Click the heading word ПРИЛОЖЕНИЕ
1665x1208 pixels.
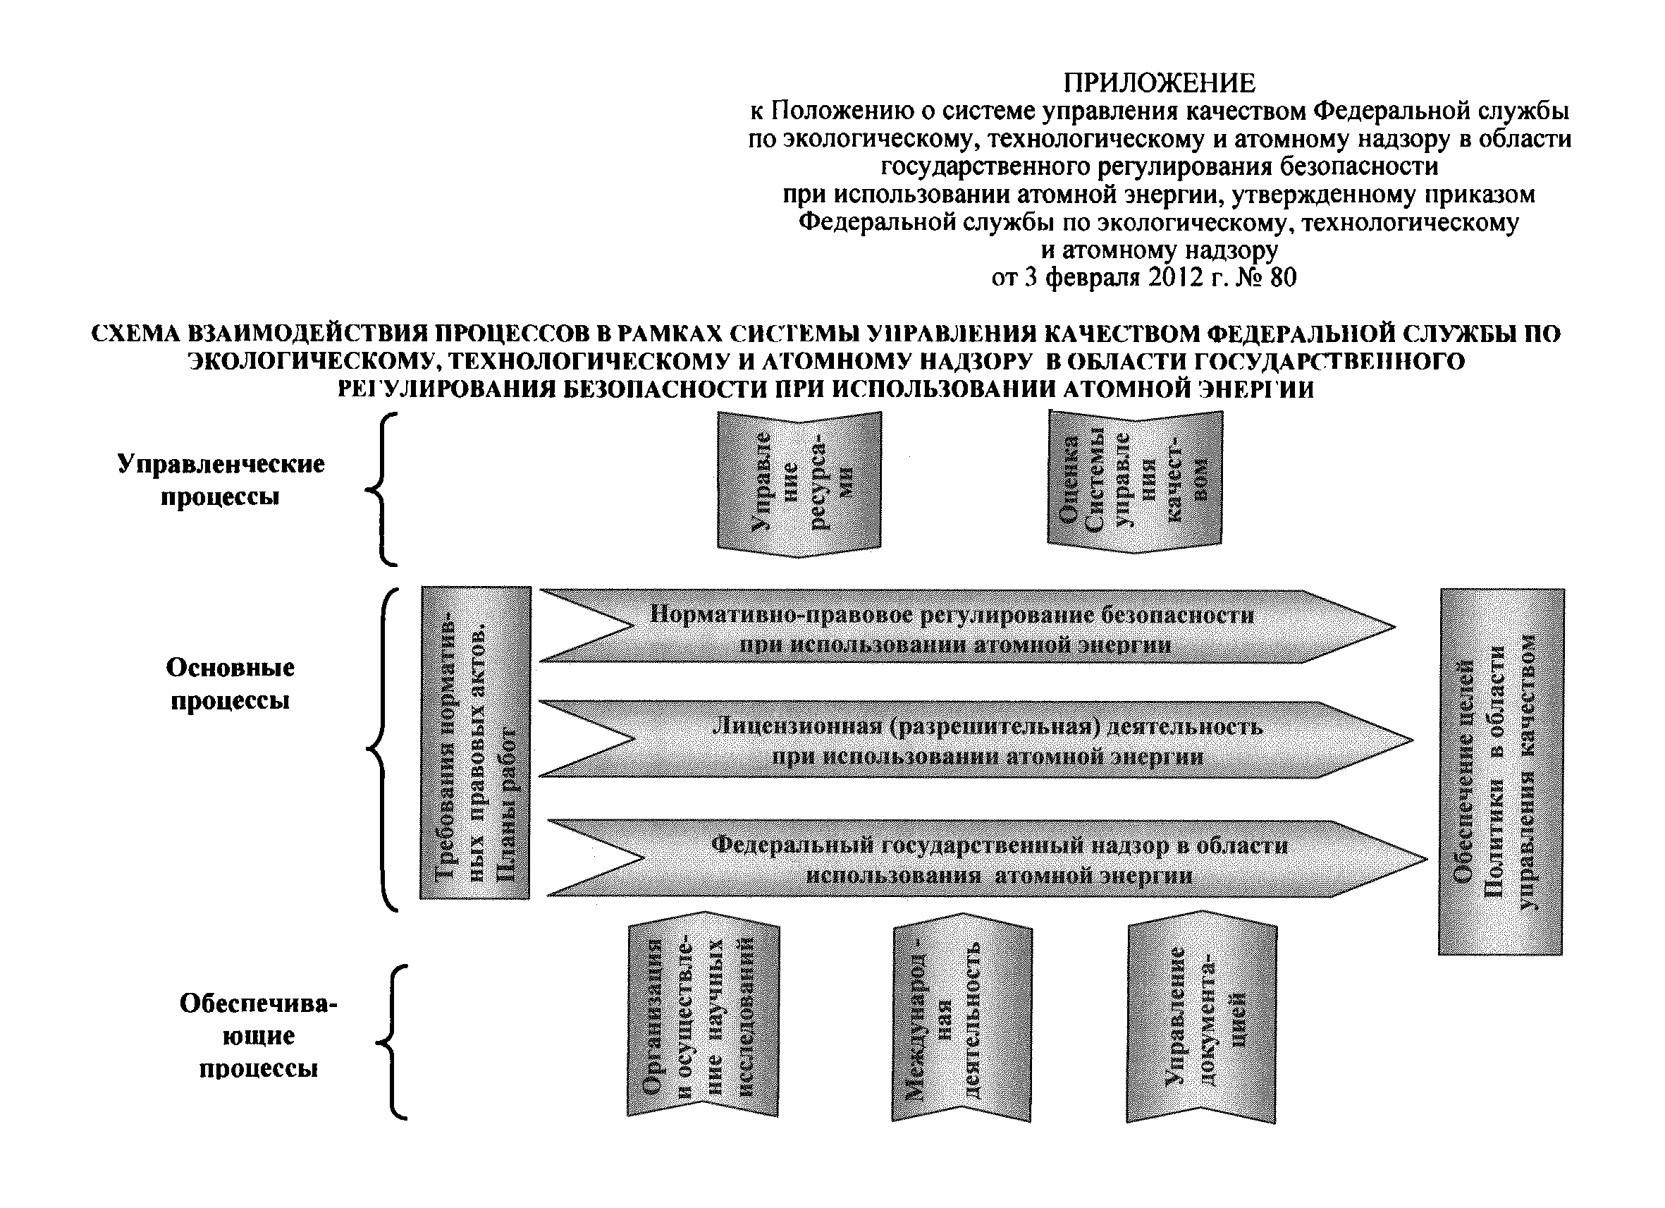(x=1159, y=83)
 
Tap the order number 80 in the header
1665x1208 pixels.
(x=1282, y=278)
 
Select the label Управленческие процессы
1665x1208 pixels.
(x=220, y=480)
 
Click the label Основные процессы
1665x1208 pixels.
(x=230, y=683)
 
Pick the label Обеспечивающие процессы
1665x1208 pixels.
(x=259, y=1035)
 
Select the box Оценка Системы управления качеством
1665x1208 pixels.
(x=1135, y=481)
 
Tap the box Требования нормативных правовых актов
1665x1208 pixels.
(x=475, y=743)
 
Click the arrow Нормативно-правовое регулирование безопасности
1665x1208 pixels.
(x=954, y=628)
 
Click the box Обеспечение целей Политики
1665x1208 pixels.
(x=1501, y=771)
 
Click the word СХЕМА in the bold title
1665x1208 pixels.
(x=135, y=334)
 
